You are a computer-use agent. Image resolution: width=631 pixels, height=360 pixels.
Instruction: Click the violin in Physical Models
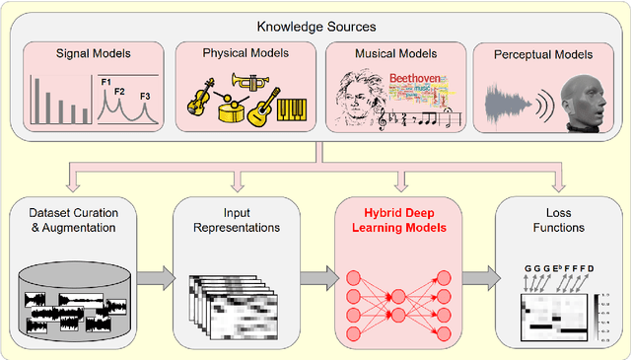pos(202,98)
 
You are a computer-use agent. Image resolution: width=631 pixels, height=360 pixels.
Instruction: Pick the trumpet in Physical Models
pos(252,82)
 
